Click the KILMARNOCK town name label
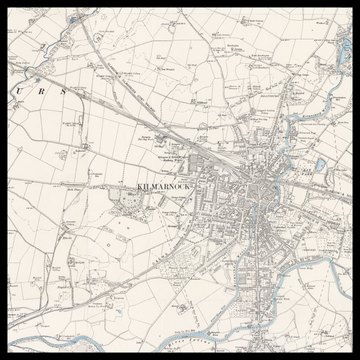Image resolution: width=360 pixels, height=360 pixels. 162,187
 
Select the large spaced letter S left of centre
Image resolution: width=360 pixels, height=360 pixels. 62,91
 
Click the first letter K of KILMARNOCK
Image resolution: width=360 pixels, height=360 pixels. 138,187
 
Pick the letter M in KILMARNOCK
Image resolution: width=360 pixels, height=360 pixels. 155,187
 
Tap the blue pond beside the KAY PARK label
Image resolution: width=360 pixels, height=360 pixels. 319,165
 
